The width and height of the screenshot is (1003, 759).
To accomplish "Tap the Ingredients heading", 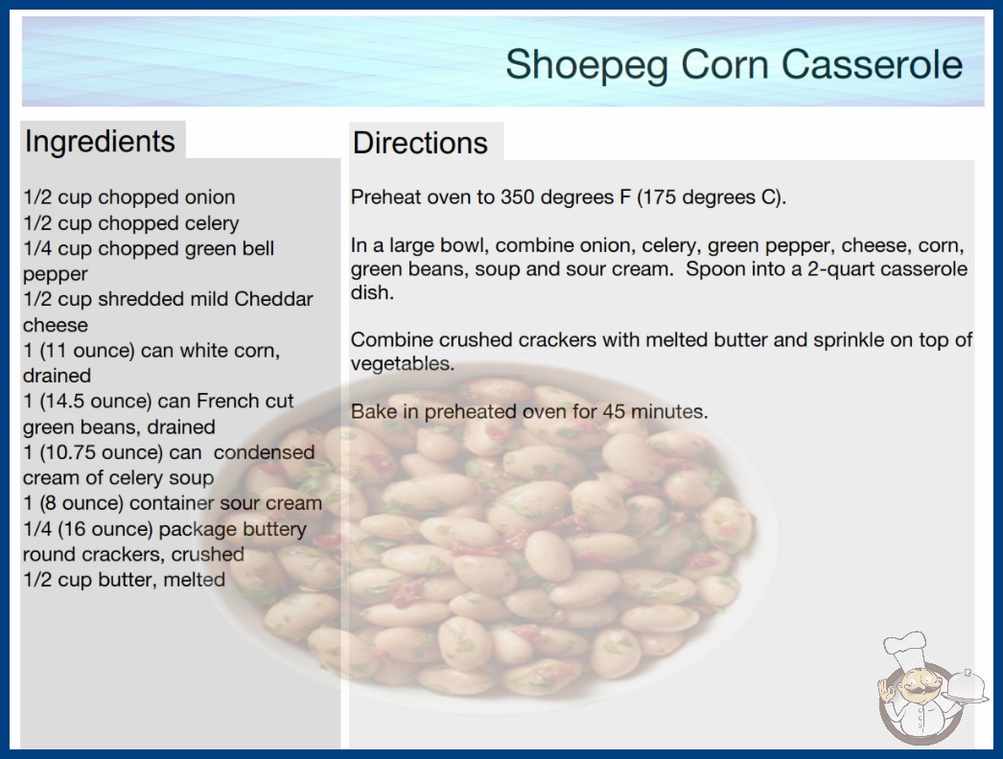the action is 100,142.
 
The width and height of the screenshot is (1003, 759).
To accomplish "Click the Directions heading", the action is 420,143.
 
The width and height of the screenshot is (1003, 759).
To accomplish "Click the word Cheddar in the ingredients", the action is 274,299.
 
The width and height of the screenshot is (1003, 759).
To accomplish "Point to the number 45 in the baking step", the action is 614,411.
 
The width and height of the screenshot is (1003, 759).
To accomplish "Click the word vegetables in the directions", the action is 403,364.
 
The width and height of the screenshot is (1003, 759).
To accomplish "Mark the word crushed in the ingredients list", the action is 207,554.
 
